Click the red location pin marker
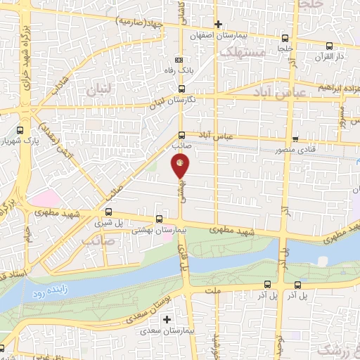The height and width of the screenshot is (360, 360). (x=180, y=166)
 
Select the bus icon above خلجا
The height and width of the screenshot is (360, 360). (x=285, y=39)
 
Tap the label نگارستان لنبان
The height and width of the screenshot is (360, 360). (x=172, y=101)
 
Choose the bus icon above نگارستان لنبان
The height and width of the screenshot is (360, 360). (x=181, y=89)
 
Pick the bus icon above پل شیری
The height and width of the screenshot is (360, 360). (x=108, y=211)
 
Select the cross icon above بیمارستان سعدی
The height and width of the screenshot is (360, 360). (x=167, y=320)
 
